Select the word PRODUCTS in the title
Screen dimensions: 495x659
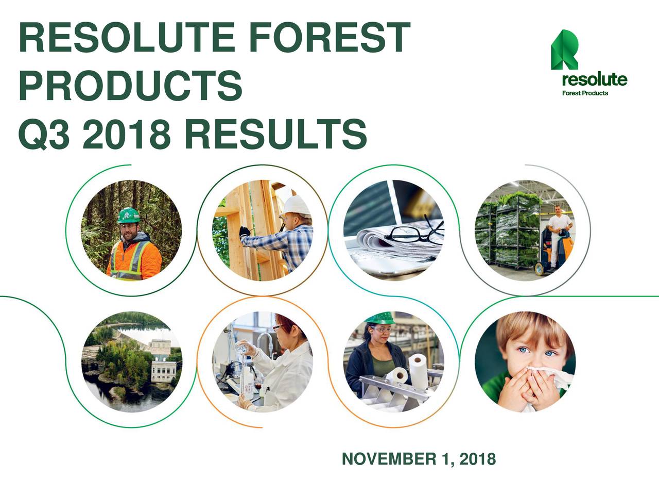point(130,86)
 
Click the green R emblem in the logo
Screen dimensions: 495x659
point(564,50)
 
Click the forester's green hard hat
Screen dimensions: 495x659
point(128,215)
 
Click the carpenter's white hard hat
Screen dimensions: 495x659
point(298,206)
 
